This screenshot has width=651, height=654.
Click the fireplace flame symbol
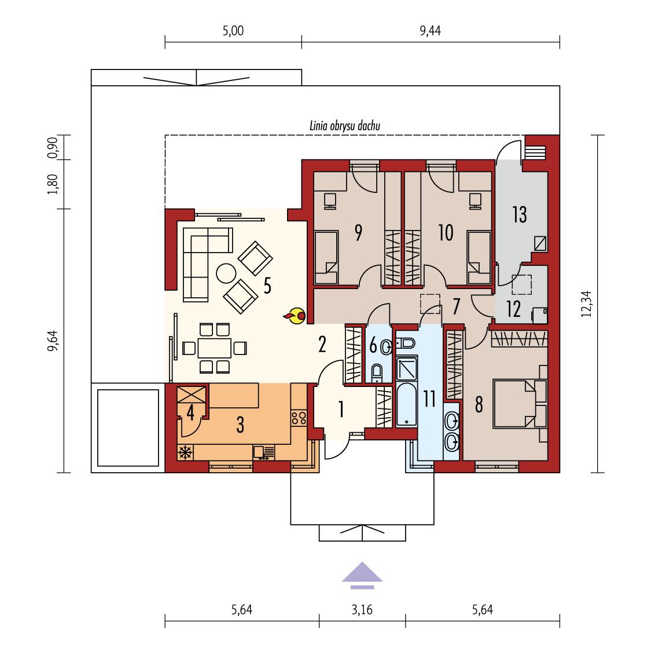pos(295,315)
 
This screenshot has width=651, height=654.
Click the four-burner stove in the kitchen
pos(298,418)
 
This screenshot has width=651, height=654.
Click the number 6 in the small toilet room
pos(373,346)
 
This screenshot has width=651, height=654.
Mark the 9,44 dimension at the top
pos(430,31)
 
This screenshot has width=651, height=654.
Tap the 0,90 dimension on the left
pos(52,148)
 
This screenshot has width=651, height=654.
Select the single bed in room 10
pos(479,258)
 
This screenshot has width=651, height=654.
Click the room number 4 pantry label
pos(190,412)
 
